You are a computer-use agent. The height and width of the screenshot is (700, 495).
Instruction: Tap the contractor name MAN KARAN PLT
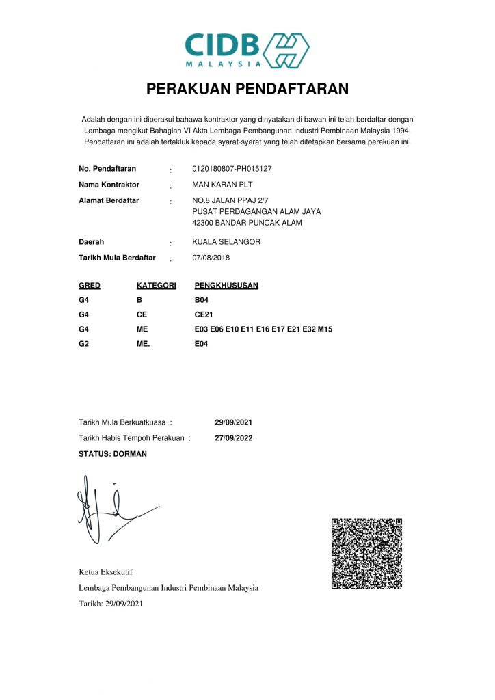(223, 185)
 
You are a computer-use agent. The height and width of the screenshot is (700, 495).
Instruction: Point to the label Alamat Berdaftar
(109, 200)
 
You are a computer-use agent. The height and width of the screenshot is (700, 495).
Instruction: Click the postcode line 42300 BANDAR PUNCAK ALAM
(247, 223)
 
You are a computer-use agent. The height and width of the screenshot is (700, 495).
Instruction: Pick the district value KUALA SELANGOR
(226, 242)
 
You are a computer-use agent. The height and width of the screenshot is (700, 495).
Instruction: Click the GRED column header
(90, 285)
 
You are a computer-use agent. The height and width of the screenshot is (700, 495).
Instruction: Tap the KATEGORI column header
(157, 285)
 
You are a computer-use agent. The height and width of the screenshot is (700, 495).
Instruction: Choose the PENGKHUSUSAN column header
(226, 285)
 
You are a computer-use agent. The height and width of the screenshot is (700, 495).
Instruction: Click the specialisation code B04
(201, 299)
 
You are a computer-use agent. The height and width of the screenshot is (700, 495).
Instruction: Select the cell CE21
(204, 314)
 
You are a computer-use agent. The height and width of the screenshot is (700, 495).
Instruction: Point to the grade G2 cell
(84, 344)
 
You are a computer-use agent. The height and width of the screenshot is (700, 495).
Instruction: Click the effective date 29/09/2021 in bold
(233, 422)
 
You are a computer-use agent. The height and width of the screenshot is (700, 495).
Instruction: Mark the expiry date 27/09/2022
(233, 438)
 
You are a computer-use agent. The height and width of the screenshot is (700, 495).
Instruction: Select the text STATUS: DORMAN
(113, 453)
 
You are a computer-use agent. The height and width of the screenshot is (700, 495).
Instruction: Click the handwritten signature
(113, 513)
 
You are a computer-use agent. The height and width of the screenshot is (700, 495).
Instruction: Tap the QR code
(366, 553)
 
